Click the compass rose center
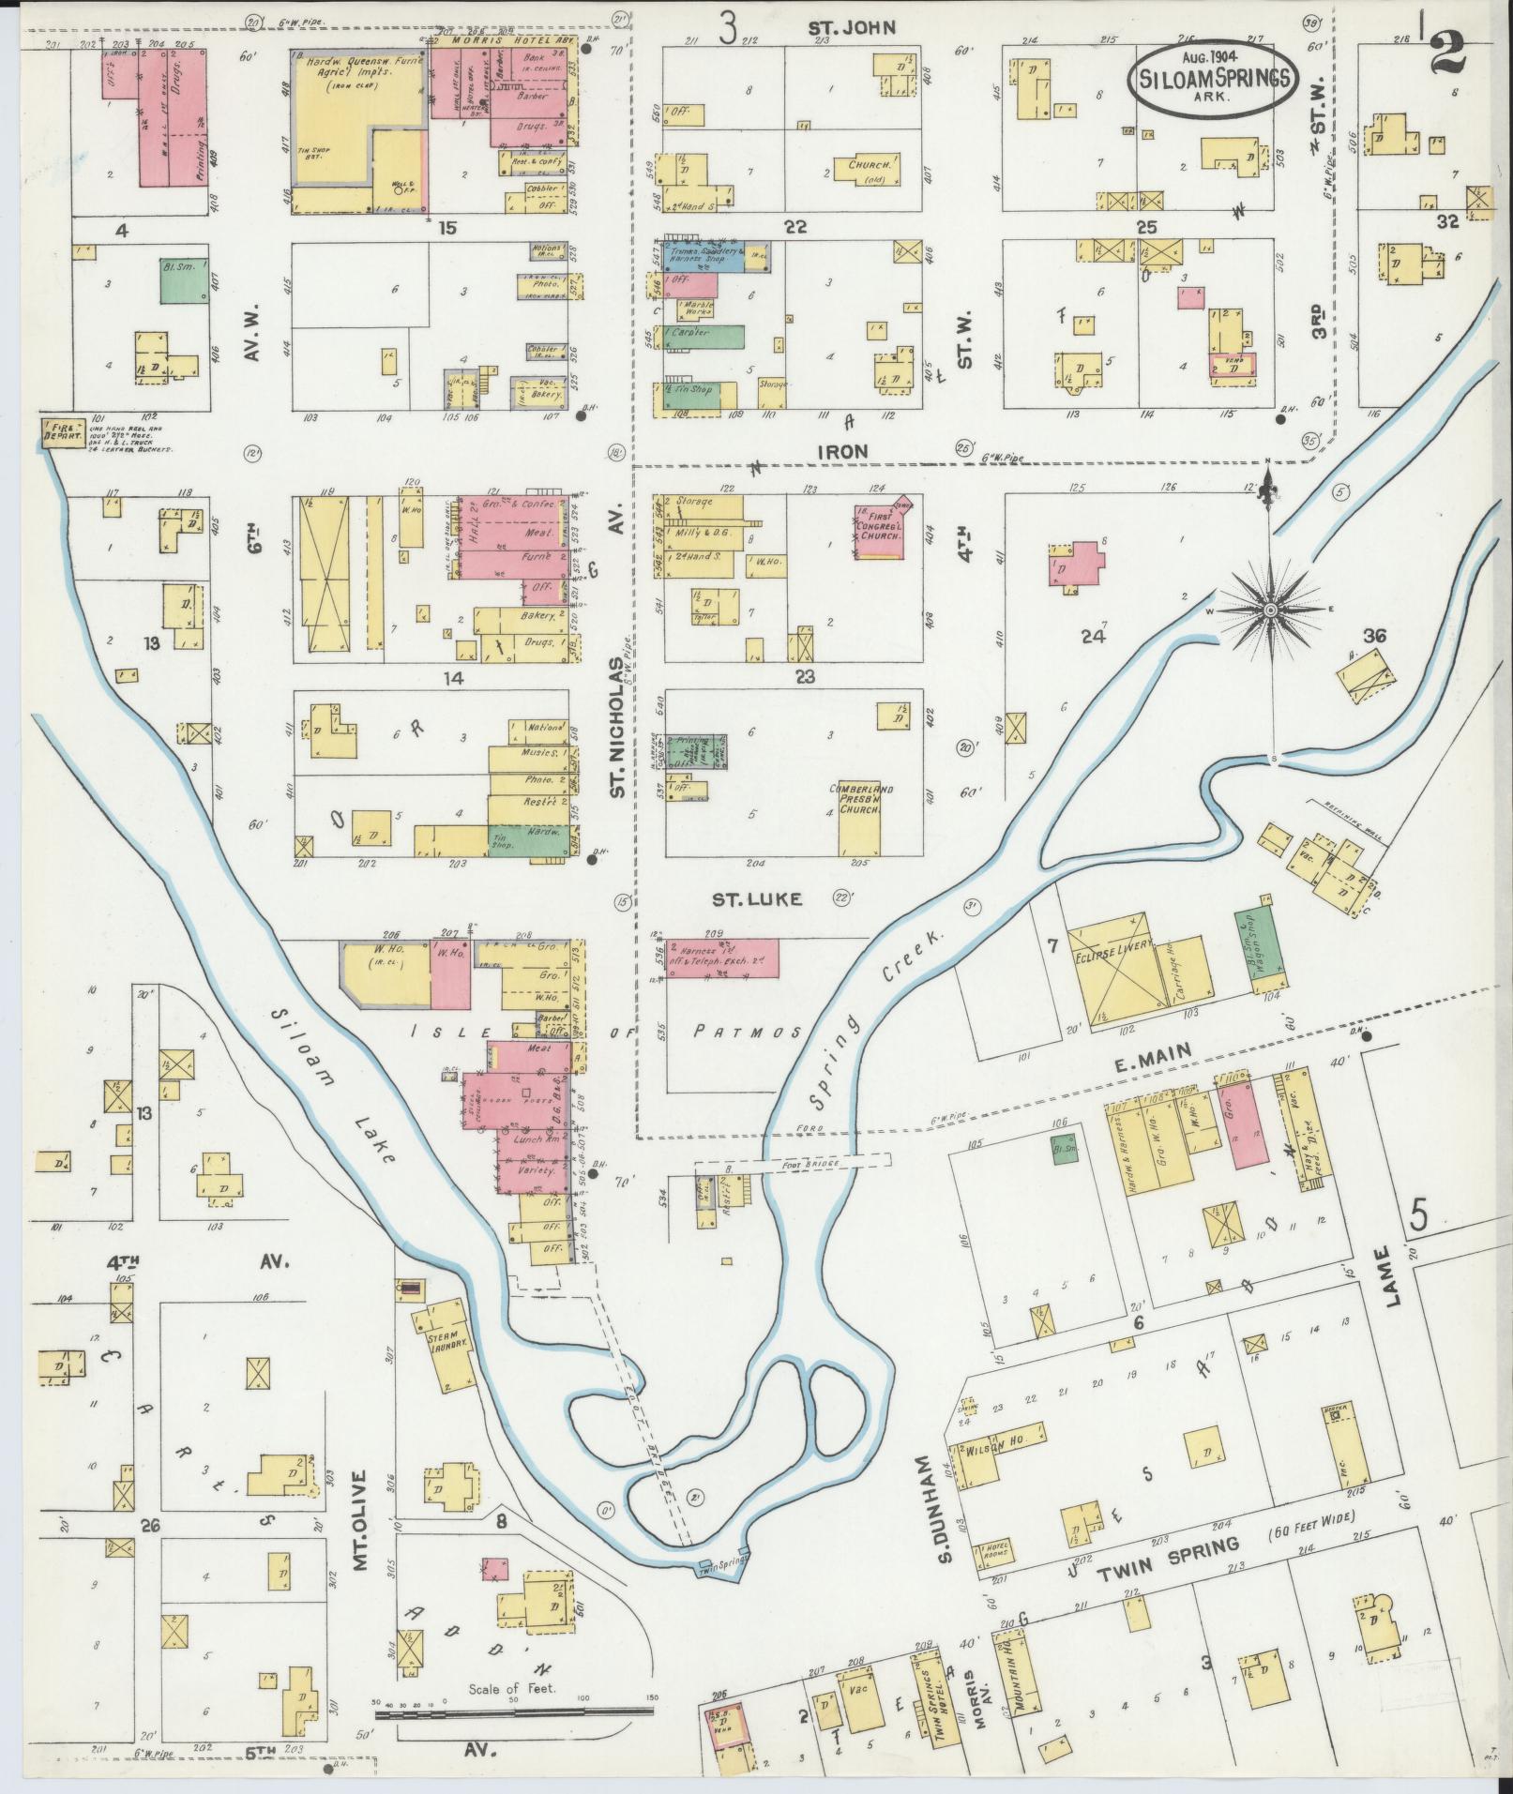1270,610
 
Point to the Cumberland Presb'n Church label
859,798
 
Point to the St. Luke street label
743,899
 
